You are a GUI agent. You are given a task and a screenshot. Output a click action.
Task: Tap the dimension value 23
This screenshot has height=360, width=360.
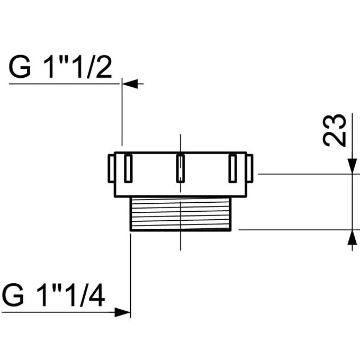pos(335,130)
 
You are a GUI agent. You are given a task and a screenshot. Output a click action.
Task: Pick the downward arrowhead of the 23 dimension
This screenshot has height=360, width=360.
pos(351,166)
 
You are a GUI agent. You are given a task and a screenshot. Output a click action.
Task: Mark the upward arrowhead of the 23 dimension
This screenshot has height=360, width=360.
pos(351,237)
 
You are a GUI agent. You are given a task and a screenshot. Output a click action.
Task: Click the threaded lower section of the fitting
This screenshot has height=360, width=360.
pos(181,213)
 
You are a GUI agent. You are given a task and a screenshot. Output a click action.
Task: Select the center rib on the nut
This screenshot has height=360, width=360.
pos(181,168)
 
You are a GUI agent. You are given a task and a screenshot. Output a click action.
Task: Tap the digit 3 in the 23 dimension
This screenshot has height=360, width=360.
pos(335,121)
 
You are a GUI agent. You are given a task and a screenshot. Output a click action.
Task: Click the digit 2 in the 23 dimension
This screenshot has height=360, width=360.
pos(335,139)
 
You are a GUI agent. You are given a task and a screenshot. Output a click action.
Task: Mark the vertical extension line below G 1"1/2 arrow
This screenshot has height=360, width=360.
pos(122,114)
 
